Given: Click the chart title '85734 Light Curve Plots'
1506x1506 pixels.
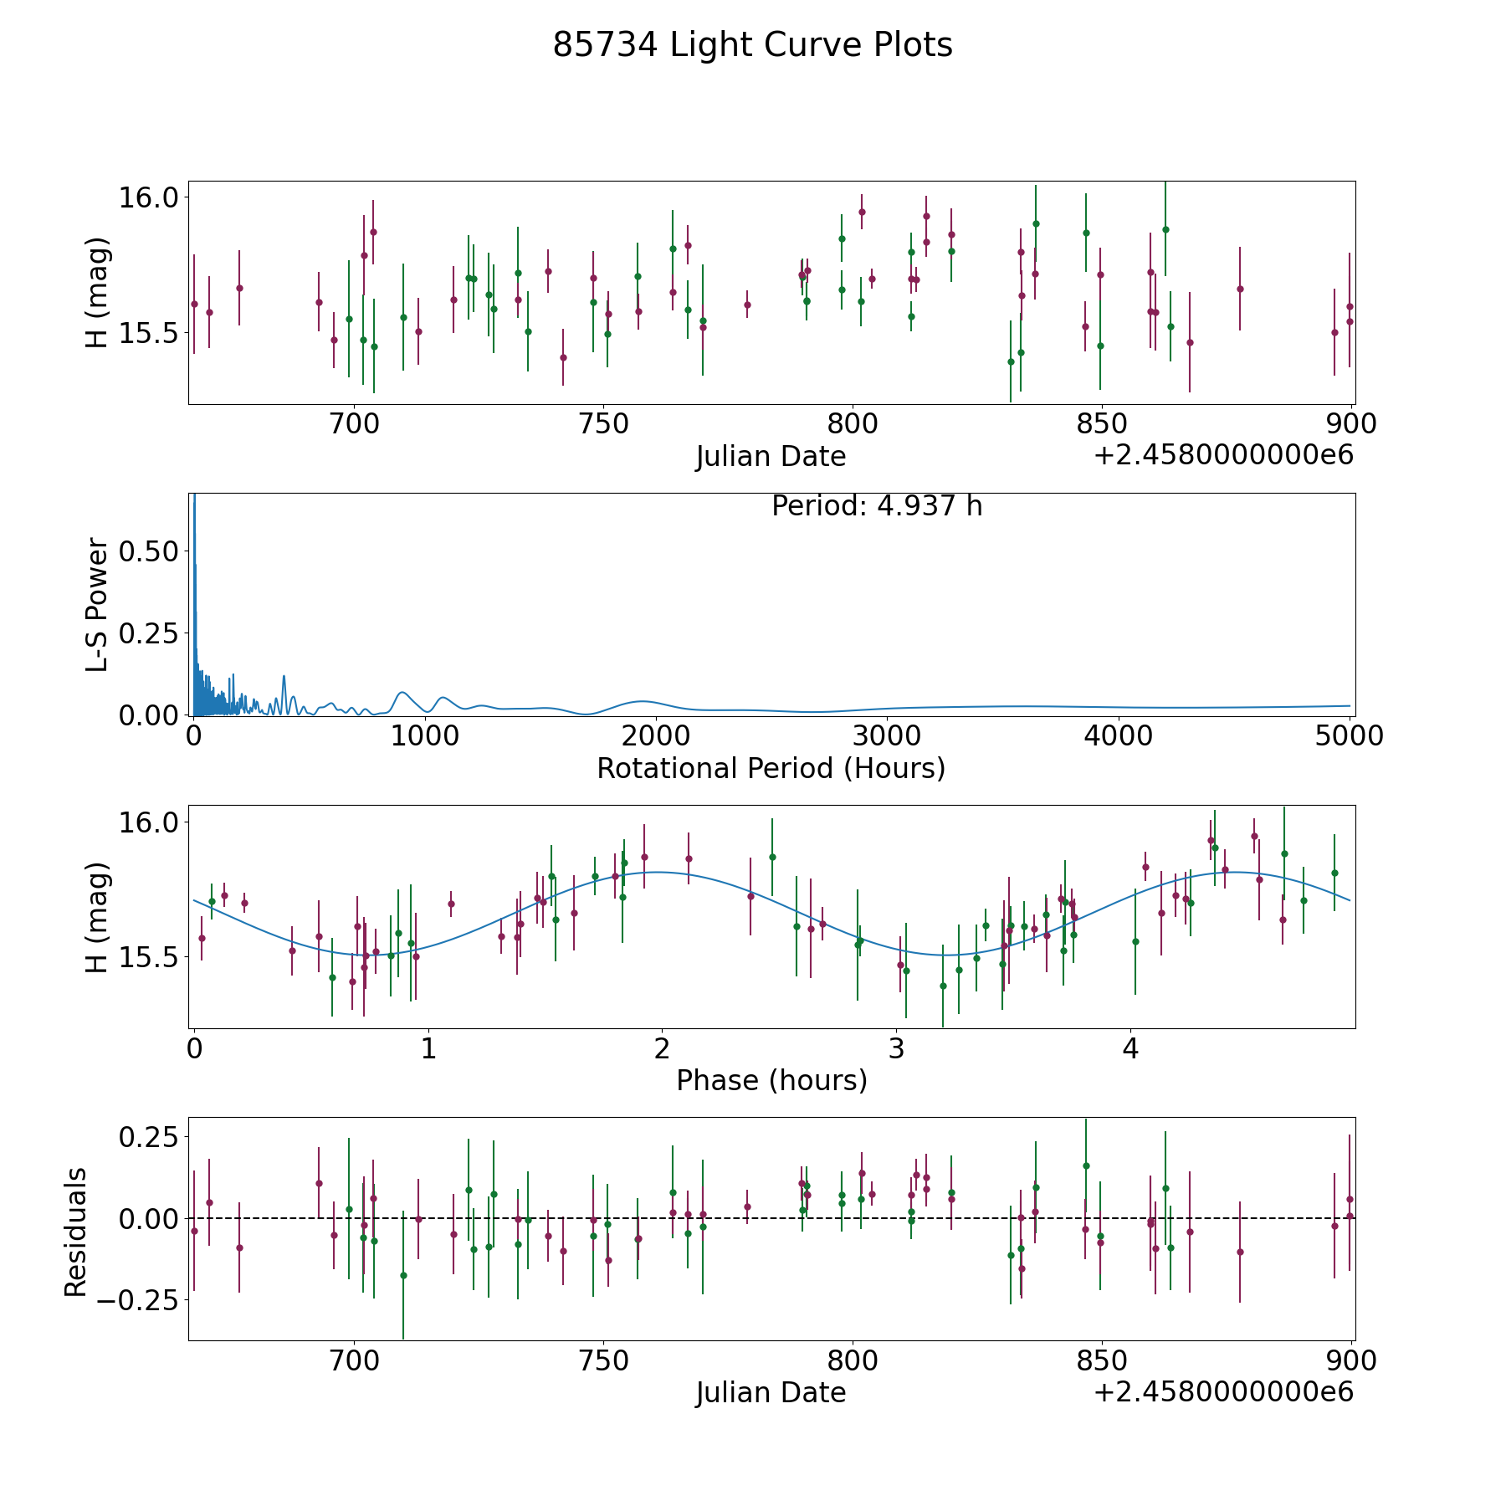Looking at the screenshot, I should [752, 45].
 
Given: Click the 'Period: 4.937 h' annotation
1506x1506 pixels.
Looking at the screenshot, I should [876, 506].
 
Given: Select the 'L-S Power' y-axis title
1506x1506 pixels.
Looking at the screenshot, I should [97, 604].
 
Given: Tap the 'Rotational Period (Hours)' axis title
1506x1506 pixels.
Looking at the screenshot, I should [771, 768].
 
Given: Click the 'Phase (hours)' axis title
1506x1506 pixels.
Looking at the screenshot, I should [771, 1080].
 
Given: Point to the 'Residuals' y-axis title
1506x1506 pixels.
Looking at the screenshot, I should [76, 1232].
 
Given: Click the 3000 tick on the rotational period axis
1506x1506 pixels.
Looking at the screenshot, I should [886, 736].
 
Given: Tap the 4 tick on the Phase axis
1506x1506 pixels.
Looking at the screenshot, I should [1130, 1048].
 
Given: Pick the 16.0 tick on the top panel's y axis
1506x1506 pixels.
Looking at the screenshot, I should [148, 197].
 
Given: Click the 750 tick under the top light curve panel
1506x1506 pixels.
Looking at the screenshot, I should [603, 424].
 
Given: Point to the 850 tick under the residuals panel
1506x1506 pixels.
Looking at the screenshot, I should [1101, 1360].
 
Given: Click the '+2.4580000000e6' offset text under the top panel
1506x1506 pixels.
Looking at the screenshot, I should [1222, 455].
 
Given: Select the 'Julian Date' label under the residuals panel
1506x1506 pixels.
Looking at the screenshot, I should [771, 1392].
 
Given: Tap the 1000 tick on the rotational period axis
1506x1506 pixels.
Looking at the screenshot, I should [424, 736].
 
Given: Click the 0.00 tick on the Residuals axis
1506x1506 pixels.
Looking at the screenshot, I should [143, 1218].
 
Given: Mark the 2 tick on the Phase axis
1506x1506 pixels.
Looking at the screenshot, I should [662, 1048].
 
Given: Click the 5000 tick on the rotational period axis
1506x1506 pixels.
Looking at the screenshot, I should [1348, 736].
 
